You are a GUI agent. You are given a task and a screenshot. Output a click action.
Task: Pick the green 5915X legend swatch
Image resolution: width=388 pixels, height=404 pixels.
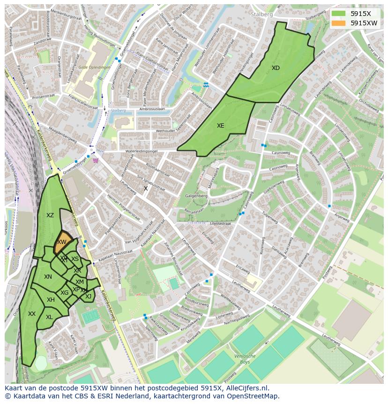(x=338, y=13)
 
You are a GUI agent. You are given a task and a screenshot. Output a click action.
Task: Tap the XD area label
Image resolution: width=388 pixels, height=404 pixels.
(x=276, y=68)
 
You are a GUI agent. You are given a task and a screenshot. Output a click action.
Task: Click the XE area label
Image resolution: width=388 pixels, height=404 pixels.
(x=220, y=126)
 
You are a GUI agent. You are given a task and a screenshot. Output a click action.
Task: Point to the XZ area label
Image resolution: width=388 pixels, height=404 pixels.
(x=50, y=215)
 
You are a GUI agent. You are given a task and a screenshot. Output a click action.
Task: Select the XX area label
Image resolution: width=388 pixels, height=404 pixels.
(x=32, y=314)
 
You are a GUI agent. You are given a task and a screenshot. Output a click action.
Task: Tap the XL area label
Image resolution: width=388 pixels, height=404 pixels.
(x=49, y=317)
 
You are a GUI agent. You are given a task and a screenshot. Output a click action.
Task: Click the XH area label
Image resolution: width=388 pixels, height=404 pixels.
(x=51, y=300)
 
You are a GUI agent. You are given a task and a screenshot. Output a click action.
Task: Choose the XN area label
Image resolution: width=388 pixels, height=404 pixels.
(x=48, y=277)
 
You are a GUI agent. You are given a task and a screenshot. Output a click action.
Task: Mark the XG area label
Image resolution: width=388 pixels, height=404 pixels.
(x=65, y=293)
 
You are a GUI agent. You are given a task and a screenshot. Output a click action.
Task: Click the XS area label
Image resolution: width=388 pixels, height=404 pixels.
(x=75, y=259)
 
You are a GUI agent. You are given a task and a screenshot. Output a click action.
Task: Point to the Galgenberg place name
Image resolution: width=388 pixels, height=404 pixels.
(x=196, y=196)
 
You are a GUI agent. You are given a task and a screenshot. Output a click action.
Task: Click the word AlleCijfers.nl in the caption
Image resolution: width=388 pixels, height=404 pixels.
(x=246, y=388)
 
